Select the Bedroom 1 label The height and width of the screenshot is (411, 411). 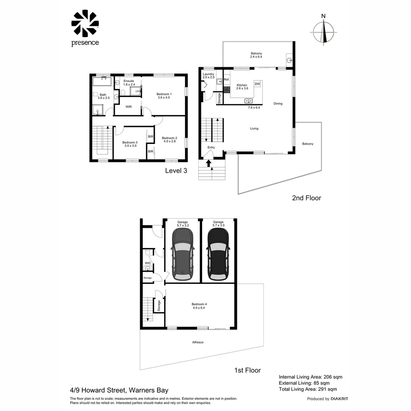pos(164,96)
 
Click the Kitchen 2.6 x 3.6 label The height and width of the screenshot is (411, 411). pos(242,87)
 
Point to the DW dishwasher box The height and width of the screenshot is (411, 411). pos(257,84)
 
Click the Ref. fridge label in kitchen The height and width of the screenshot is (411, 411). pos(226,80)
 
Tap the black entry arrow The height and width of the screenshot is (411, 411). pos(209,163)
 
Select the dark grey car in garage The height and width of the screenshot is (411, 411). pos(182,252)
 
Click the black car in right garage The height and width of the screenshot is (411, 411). pos(218,252)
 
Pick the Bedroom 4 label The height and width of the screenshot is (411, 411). pos(199,306)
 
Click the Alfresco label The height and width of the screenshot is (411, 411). pos(198,342)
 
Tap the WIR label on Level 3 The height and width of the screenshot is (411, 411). pos(128,107)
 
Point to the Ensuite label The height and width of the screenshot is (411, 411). pos(129,83)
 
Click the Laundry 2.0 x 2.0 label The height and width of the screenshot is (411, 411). pos(209,76)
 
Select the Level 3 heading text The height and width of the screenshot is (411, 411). pos(176,171)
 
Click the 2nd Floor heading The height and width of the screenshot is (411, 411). pos(306,198)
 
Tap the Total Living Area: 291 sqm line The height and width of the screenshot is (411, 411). pos(307,389)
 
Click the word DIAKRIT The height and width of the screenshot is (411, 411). pos(339,399)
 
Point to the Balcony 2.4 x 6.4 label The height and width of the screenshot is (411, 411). pos(256,55)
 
